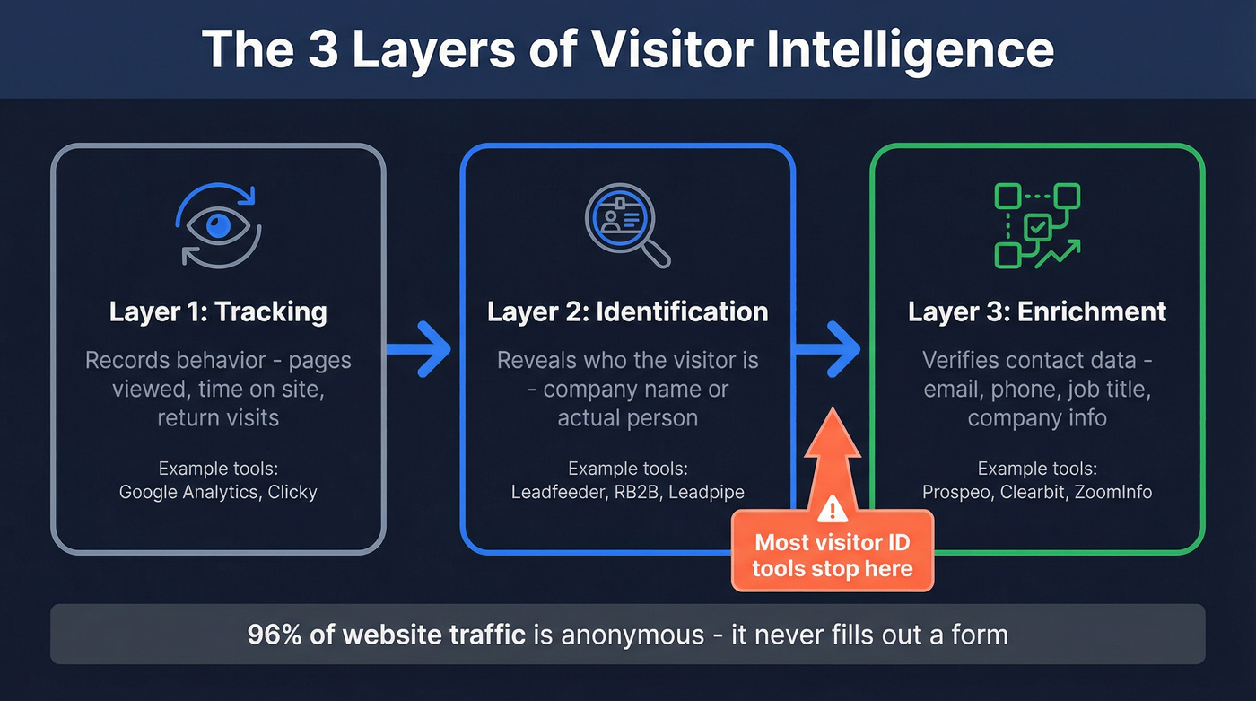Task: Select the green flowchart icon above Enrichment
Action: [1037, 225]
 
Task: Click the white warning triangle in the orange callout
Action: [833, 511]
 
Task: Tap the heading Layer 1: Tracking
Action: [218, 311]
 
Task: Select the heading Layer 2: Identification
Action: [627, 311]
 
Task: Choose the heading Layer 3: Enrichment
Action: [1037, 311]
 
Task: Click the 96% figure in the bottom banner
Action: [274, 635]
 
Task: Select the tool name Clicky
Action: [292, 492]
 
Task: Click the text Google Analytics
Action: [188, 492]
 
